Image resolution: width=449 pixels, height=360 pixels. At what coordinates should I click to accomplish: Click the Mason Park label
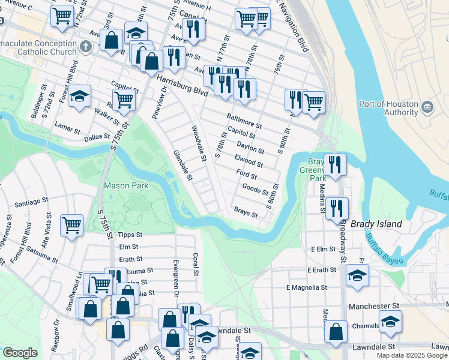click(125, 186)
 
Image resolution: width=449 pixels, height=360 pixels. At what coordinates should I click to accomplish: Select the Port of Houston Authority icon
click(427, 107)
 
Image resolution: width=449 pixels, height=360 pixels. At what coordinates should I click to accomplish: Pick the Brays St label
click(246, 213)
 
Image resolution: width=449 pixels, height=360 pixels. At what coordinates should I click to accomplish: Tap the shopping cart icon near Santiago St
click(71, 226)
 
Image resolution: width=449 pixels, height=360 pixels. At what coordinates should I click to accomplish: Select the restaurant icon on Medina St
click(337, 208)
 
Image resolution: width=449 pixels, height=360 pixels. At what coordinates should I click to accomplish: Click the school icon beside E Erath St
click(357, 275)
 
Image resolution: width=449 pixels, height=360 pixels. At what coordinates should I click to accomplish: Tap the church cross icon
click(86, 46)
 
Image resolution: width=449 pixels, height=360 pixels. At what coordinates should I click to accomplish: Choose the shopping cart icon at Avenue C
click(62, 16)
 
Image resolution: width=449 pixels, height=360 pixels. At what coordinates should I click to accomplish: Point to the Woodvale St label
click(199, 143)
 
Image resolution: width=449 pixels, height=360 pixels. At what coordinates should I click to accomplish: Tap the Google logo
click(20, 353)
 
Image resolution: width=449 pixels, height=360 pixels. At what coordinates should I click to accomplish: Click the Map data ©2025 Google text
click(411, 355)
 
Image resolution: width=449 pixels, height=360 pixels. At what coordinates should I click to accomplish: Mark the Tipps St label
click(130, 235)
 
